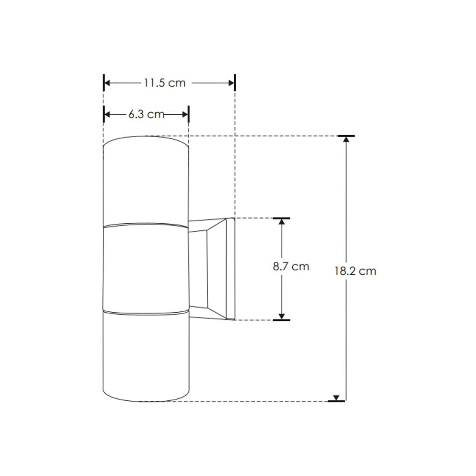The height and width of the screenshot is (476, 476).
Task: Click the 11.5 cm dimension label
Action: coord(164,83)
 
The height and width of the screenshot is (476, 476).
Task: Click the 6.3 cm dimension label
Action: coord(146,114)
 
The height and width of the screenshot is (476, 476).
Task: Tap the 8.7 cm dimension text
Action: coord(291,267)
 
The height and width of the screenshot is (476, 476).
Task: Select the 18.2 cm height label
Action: coord(355,271)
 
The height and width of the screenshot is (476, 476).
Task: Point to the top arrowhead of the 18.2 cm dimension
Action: coord(346,139)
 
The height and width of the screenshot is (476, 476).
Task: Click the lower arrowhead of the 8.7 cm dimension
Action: coord(282,316)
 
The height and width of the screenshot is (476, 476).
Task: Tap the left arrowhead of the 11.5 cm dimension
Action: coord(107,83)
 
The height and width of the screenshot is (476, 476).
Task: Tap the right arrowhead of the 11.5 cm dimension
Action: coord(232,83)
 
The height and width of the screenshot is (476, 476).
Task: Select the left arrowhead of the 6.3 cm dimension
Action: coord(107,114)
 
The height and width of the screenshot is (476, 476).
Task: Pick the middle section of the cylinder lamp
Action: coord(146,269)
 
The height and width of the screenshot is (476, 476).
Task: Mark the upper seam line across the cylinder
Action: coord(146,225)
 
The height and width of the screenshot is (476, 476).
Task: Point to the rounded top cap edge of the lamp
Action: coord(146,138)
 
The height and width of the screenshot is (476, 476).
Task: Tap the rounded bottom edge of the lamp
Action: coord(146,400)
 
